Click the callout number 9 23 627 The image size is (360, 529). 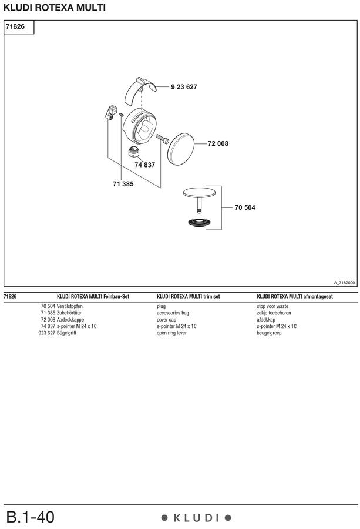tap(184, 87)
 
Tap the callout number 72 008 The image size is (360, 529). tap(218, 143)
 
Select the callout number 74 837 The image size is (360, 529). tap(144, 165)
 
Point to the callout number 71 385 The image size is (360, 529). tap(123, 184)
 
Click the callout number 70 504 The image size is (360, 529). tap(245, 207)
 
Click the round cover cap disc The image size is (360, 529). tap(181, 149)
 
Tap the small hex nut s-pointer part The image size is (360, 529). tap(134, 152)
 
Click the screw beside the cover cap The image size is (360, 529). tap(162, 139)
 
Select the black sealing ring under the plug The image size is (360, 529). tap(199, 222)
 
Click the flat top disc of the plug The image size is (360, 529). tap(199, 193)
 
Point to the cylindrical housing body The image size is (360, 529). tap(139, 126)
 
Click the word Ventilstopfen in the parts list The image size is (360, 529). tap(70, 306)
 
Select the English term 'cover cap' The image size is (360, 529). tap(166, 320)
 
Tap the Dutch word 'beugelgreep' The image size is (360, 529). tap(269, 333)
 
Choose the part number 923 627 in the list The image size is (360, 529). tap(46, 333)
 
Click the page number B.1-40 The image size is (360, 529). tap(30, 517)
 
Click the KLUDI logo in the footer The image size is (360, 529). tap(196, 517)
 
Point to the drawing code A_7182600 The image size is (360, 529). tap(344, 283)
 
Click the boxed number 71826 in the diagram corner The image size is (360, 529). tap(15, 26)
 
